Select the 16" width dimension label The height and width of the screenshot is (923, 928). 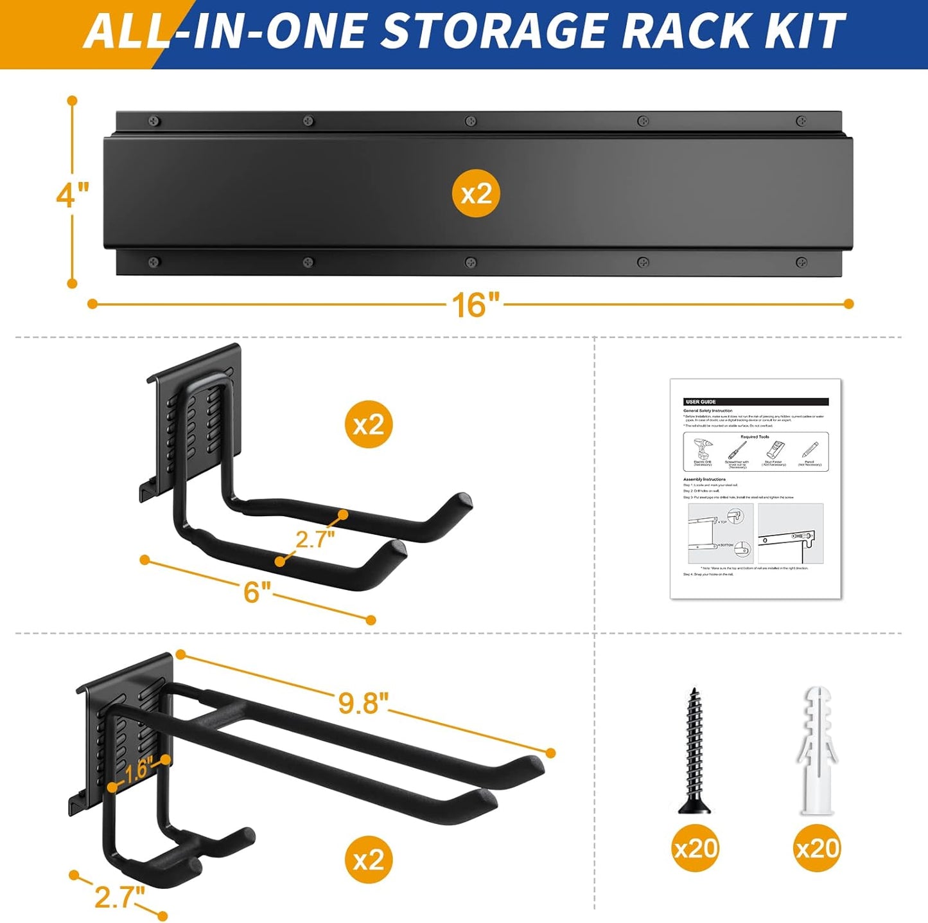475,304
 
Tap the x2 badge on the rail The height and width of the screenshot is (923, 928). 476,193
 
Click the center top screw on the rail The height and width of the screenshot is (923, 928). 471,121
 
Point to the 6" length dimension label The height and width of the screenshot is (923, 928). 256,591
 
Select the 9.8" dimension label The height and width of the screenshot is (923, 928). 363,703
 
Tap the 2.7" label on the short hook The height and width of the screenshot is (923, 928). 315,539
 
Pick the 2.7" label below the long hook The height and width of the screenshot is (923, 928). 119,897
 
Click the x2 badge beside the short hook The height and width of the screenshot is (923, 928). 369,424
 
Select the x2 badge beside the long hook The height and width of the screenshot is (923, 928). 369,860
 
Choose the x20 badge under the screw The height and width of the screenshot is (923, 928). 695,848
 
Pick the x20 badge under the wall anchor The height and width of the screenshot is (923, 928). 817,848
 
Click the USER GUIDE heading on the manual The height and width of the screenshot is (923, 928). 701,402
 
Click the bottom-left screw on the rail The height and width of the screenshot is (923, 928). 153,262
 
